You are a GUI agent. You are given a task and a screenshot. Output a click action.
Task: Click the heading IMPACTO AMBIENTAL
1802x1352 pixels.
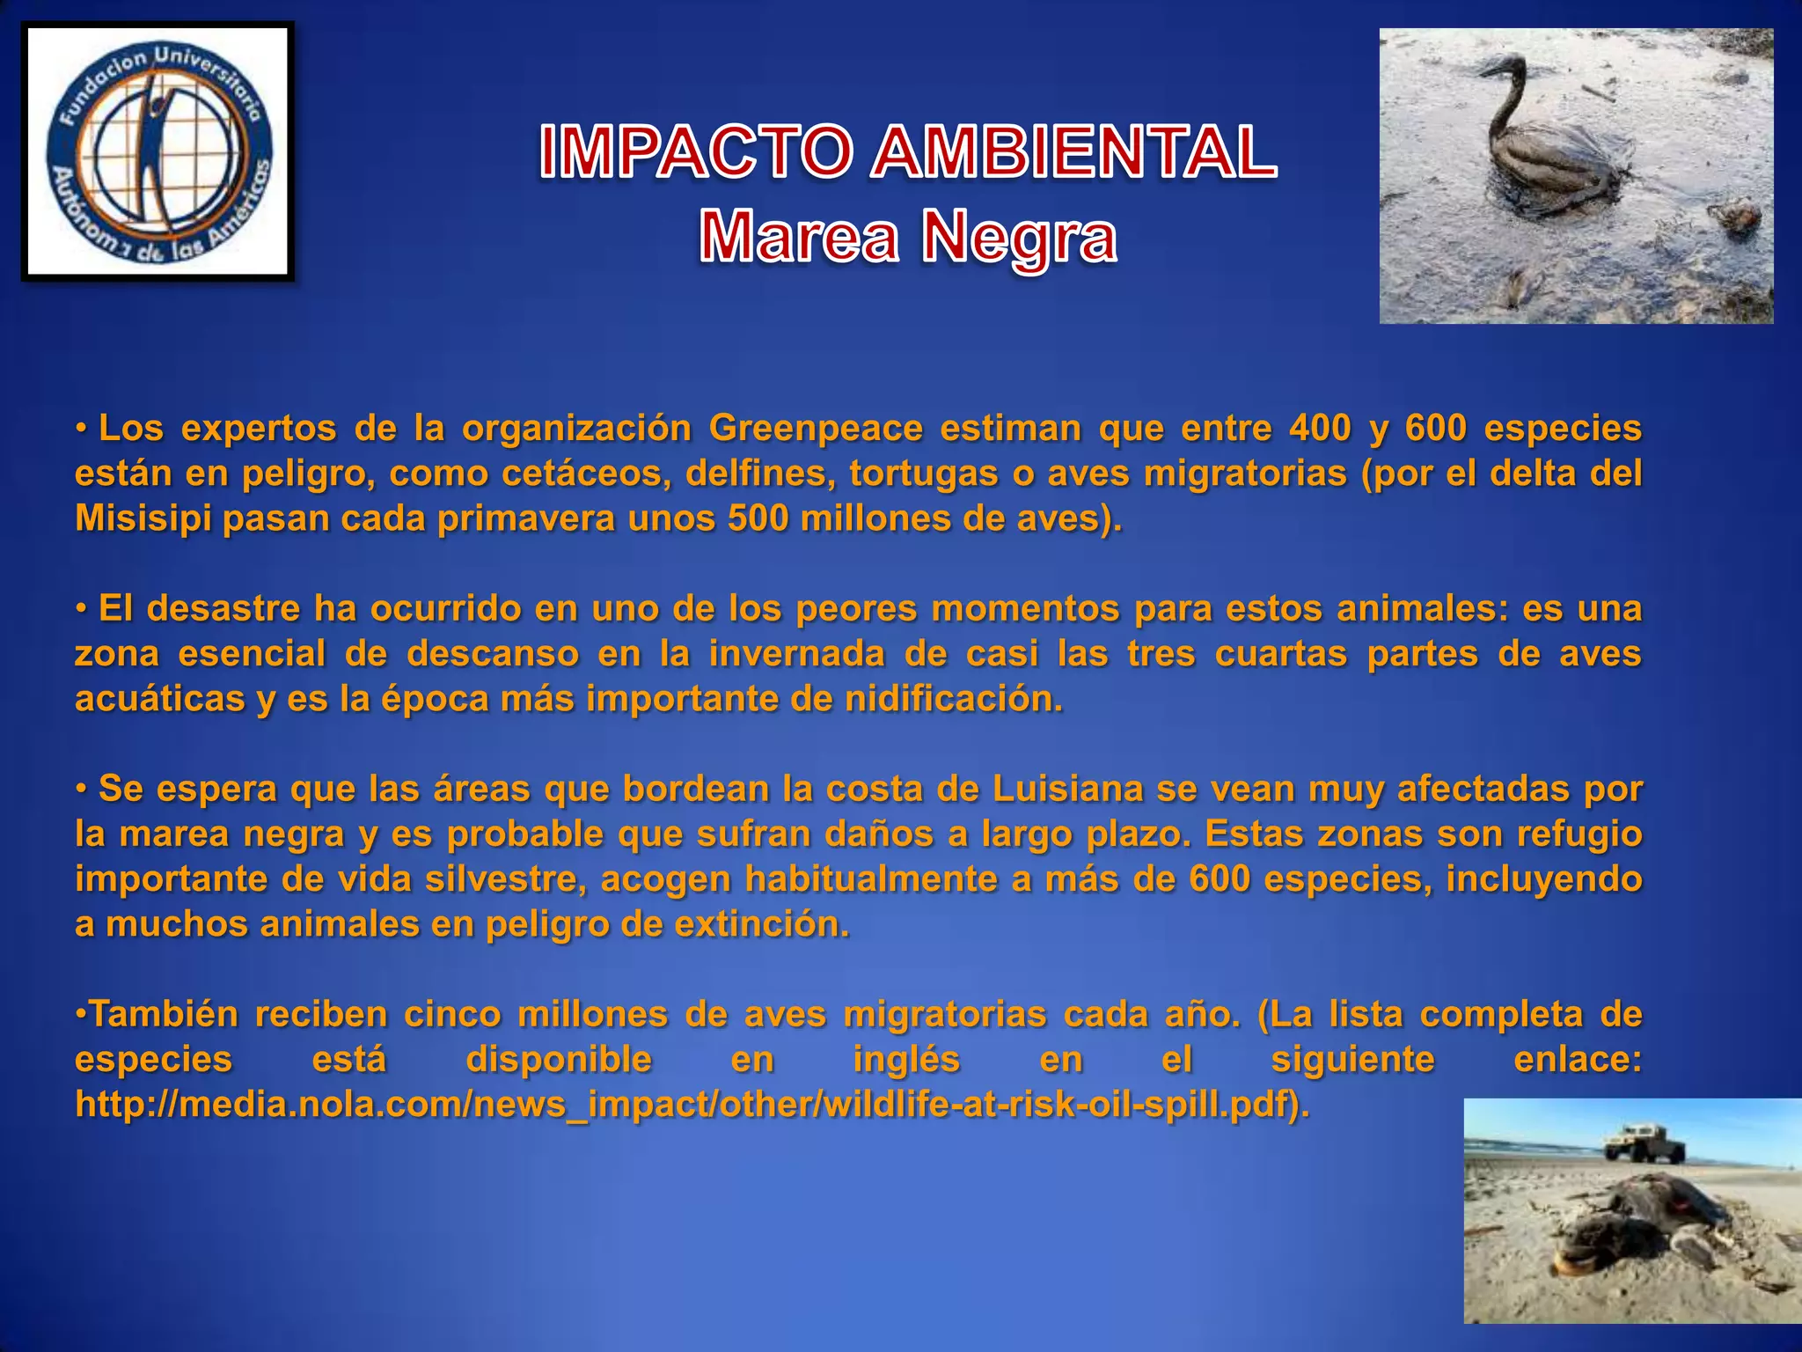(x=907, y=152)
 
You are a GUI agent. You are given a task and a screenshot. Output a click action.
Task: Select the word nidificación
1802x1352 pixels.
(x=954, y=699)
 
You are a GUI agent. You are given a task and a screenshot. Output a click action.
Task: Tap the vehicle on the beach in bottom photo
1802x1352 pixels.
(x=1644, y=1142)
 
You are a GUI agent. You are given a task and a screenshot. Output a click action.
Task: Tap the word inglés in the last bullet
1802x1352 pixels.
(x=906, y=1059)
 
